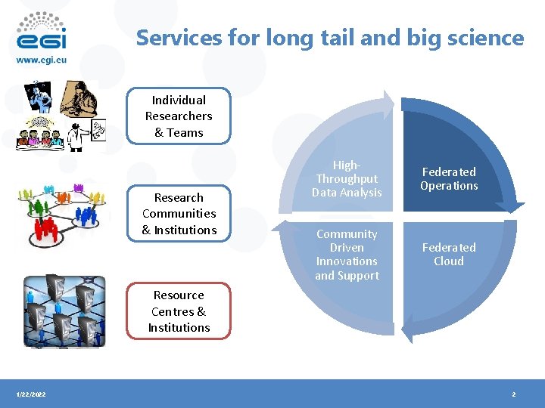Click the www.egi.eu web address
(41, 59)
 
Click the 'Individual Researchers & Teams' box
(179, 116)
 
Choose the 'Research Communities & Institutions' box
(179, 214)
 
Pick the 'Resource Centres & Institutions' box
(179, 311)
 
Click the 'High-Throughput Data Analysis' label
(347, 179)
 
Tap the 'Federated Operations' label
(449, 179)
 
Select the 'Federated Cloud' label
(449, 255)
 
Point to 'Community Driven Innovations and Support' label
(347, 255)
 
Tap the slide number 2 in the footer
(514, 394)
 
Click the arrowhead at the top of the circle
(387, 104)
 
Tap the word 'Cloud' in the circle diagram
(449, 261)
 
